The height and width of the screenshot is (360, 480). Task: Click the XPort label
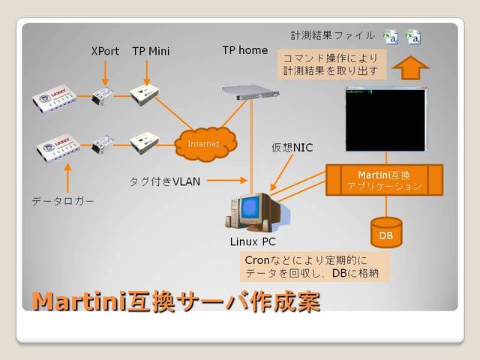[105, 52]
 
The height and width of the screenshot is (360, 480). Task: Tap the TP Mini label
[151, 52]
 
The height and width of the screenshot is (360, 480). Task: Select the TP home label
[244, 50]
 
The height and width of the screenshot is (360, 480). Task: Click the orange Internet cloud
[205, 142]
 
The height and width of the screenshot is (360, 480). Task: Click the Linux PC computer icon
[250, 212]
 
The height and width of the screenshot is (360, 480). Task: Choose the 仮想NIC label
[292, 148]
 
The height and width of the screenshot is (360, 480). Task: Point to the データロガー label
[63, 202]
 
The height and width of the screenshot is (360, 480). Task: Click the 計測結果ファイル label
[333, 35]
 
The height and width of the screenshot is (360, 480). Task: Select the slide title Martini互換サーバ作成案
[176, 301]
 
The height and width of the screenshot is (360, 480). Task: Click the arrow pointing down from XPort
[105, 73]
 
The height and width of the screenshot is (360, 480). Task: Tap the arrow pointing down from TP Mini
[148, 73]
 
